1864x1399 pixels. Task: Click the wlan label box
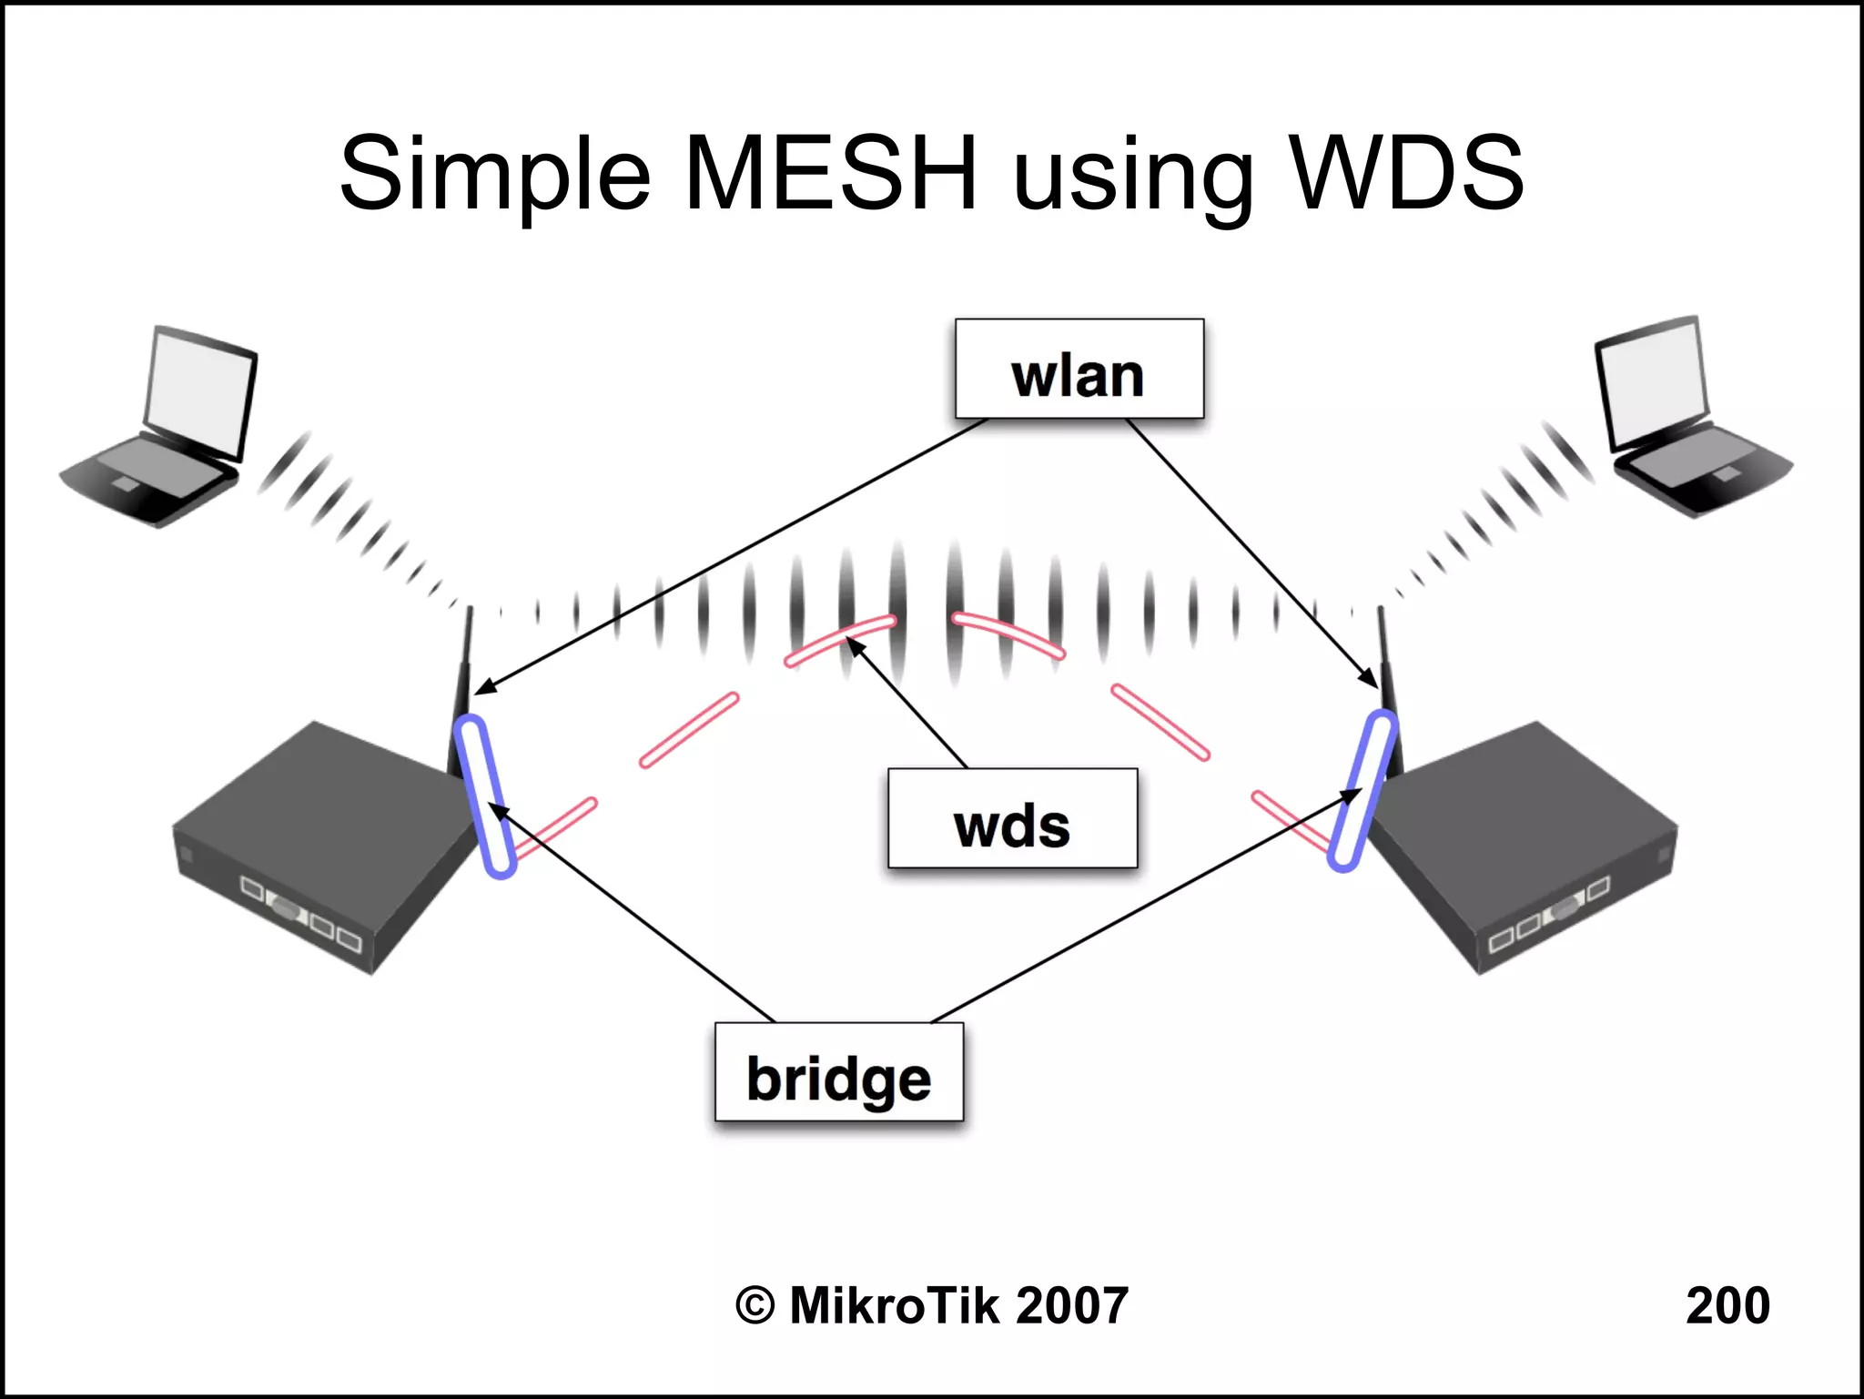click(1079, 369)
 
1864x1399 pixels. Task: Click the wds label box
click(1012, 818)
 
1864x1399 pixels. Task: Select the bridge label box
click(838, 1072)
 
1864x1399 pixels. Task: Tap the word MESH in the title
click(830, 173)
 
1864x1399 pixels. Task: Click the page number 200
click(1727, 1305)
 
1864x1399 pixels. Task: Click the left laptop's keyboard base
click(150, 478)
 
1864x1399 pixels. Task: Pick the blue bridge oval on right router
click(1362, 790)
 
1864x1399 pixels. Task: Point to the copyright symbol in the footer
click(755, 1306)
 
